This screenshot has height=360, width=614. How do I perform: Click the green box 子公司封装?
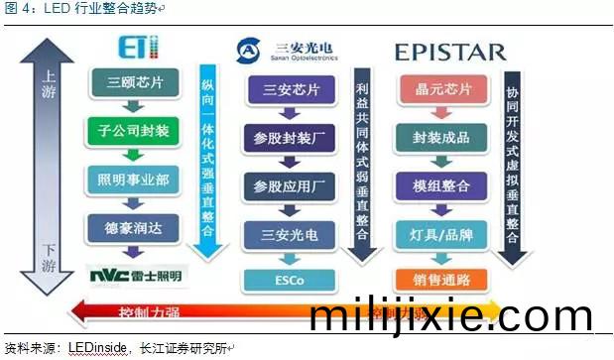pos(132,130)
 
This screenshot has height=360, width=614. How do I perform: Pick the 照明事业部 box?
pos(132,180)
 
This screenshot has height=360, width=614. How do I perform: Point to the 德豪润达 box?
pos(132,227)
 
